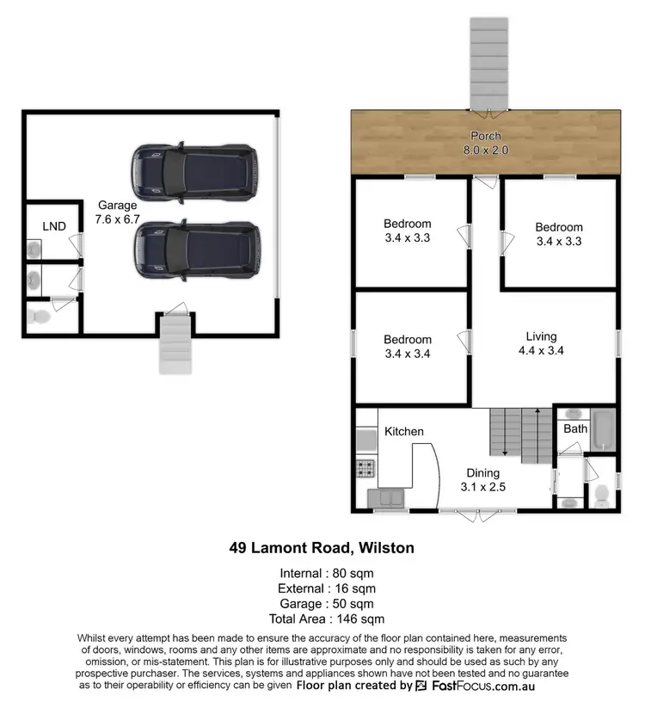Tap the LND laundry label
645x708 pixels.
(54, 225)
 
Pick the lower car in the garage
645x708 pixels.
(195, 246)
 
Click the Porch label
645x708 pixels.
(485, 136)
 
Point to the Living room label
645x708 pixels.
(541, 336)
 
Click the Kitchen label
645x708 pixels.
(404, 431)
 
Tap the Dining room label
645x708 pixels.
(482, 472)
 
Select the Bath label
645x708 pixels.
(575, 428)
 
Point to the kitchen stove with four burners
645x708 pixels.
(365, 469)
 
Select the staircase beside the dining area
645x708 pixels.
(519, 435)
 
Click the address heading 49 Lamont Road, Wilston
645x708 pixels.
(321, 546)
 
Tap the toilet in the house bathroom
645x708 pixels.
(602, 494)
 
